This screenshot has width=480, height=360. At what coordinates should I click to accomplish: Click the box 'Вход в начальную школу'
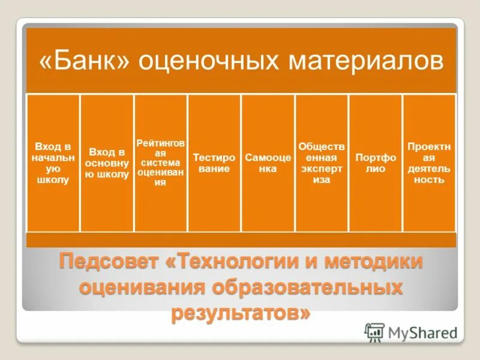(x=53, y=163)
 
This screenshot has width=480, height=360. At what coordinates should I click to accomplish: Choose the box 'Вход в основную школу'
(x=107, y=163)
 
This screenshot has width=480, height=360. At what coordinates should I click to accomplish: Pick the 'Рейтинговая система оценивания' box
(x=161, y=163)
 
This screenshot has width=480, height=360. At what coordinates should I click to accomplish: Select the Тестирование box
(x=214, y=163)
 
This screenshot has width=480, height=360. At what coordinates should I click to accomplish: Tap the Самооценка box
(x=268, y=163)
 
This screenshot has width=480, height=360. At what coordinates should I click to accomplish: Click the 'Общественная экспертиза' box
(x=322, y=163)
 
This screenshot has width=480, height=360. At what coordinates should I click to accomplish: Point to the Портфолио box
(x=376, y=163)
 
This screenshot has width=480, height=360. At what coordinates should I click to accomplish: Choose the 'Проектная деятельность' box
(x=429, y=163)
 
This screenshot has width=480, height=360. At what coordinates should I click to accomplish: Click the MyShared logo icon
(x=375, y=332)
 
